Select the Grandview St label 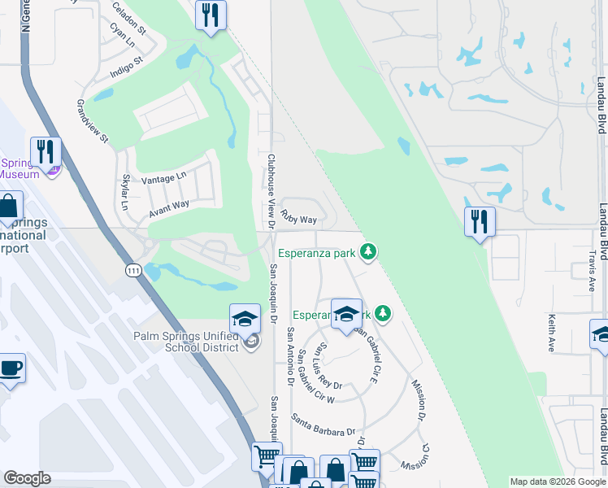92,121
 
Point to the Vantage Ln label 163,178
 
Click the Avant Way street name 168,210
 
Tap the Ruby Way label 298,218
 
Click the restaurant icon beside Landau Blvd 480,221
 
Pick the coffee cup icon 11,368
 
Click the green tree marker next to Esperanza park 369,252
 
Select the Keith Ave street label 552,333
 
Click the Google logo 27,478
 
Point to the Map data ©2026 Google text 557,481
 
